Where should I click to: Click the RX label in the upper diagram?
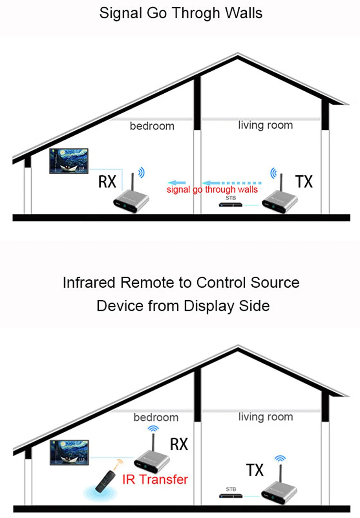[x=107, y=182]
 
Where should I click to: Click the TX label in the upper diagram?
[x=304, y=182]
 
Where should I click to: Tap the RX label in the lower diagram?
[x=179, y=444]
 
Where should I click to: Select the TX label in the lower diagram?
[x=255, y=470]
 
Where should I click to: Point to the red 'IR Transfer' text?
[x=155, y=479]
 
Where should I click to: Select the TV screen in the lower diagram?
[x=69, y=453]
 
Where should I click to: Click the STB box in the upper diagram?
[x=231, y=205]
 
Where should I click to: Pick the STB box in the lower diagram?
[x=231, y=496]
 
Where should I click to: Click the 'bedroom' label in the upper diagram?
[x=152, y=126]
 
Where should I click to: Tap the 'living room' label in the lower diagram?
[x=265, y=417]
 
